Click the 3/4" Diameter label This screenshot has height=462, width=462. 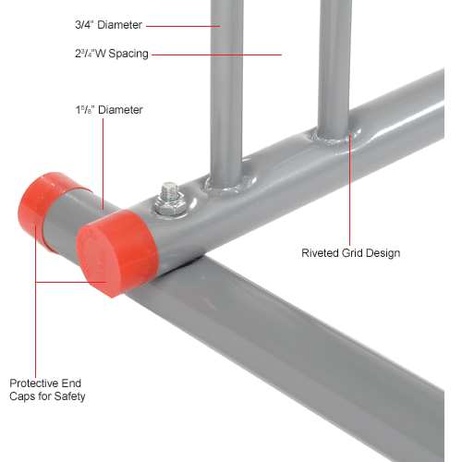pos(108,25)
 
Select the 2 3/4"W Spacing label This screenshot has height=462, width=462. pos(112,54)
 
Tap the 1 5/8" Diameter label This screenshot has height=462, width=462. pos(109,110)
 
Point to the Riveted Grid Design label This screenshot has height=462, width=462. pos(351,253)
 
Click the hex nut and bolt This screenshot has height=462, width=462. pos(169,201)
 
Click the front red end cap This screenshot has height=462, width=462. pos(117,252)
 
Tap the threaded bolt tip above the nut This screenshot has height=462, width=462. pos(170,188)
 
